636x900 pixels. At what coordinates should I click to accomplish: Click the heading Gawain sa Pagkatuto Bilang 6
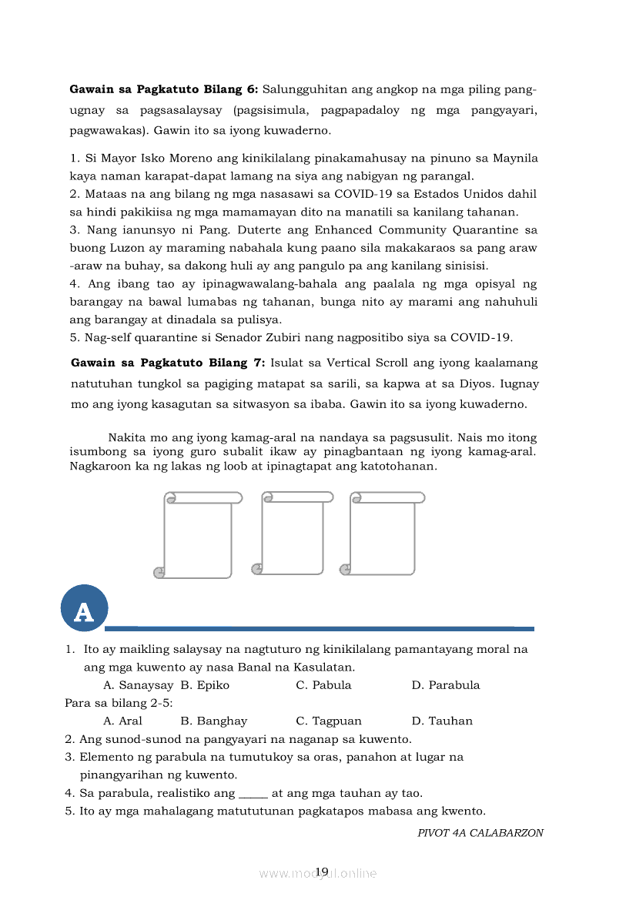[x=164, y=89]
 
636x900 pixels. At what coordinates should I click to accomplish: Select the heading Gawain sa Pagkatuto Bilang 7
[x=168, y=363]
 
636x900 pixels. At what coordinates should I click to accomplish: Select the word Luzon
[x=119, y=248]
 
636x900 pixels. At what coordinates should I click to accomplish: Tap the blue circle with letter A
[x=84, y=609]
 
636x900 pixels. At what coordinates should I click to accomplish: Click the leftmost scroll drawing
[x=198, y=535]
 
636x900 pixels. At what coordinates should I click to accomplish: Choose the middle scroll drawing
[x=292, y=534]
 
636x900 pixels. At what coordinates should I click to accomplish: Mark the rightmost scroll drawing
[x=383, y=534]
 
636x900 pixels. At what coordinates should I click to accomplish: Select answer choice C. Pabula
[x=323, y=685]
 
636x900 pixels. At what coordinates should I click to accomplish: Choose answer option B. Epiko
[x=205, y=685]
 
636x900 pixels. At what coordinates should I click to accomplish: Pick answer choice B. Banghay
[x=214, y=721]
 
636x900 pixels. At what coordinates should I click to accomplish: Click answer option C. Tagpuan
[x=329, y=721]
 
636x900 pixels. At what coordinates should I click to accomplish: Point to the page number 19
[x=322, y=872]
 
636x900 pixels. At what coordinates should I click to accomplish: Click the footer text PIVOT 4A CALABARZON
[x=480, y=833]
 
